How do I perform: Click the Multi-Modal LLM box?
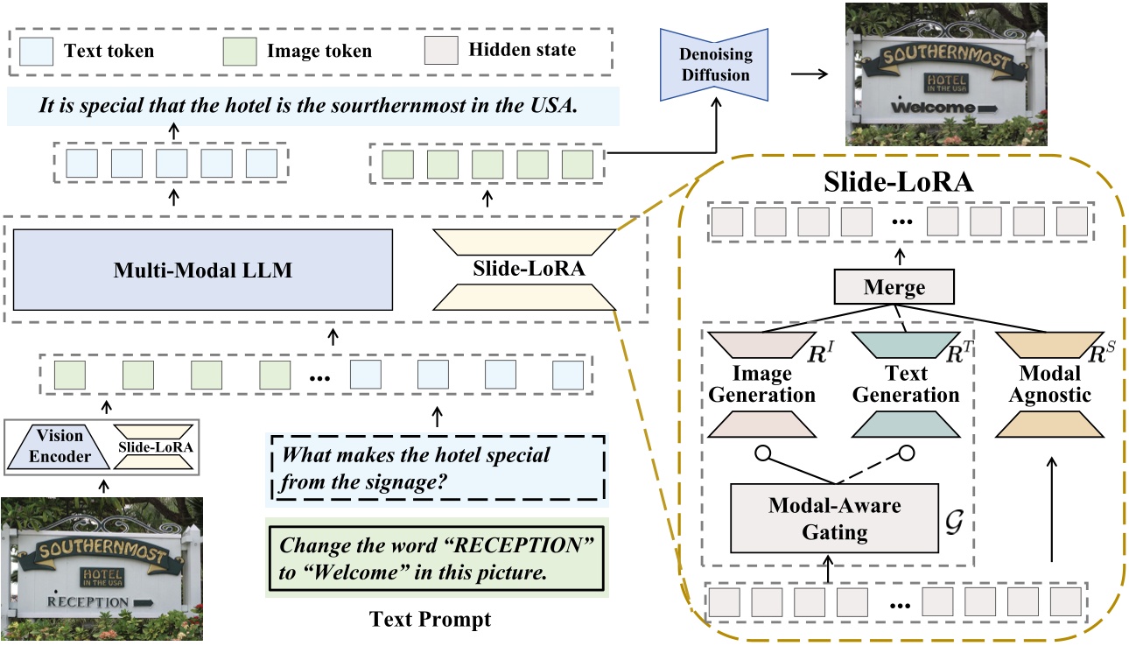203,270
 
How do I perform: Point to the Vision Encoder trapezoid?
60,446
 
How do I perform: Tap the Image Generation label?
761,384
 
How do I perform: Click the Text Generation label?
906,384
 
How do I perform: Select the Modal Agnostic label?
1049,384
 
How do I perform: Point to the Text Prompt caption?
430,620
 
